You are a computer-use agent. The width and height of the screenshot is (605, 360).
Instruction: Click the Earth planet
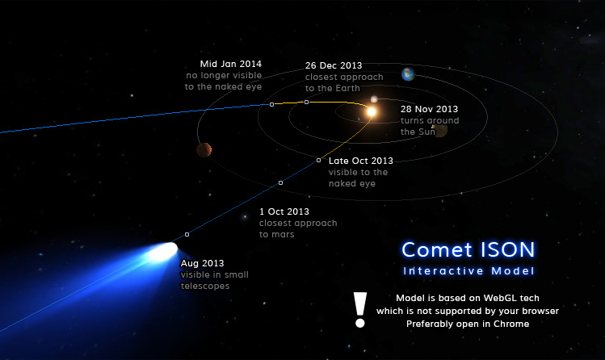(x=408, y=74)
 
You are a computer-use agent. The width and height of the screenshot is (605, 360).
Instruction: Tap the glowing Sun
(x=372, y=111)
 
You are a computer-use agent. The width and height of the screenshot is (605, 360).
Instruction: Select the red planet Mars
(x=204, y=149)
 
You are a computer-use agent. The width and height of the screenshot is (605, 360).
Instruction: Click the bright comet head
(x=164, y=251)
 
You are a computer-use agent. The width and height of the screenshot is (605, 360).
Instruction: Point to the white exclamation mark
(x=360, y=310)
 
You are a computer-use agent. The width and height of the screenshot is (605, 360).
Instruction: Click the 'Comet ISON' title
(x=468, y=249)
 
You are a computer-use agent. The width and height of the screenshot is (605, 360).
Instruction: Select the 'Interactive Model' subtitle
(x=468, y=271)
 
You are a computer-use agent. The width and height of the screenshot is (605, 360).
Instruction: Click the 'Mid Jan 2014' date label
(x=231, y=64)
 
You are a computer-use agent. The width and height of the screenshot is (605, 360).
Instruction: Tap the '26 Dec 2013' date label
(x=334, y=65)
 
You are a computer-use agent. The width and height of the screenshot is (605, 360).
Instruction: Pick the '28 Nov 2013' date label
(x=429, y=109)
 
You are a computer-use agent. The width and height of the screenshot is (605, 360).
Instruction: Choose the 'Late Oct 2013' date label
(x=361, y=161)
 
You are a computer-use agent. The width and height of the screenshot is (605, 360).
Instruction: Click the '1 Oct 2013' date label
(x=284, y=211)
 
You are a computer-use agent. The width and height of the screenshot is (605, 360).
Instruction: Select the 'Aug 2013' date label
(x=202, y=263)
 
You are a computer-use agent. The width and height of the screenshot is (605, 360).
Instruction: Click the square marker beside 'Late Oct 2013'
(x=318, y=160)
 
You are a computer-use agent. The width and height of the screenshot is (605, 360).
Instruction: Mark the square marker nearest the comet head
(x=187, y=234)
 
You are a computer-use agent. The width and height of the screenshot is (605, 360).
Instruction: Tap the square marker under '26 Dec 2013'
(x=306, y=103)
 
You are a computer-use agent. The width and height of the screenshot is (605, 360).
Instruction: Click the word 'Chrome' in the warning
(x=511, y=324)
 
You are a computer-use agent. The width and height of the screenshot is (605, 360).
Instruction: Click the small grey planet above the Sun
(x=374, y=99)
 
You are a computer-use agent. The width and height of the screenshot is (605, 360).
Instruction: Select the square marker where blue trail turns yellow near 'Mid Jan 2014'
(x=271, y=104)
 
